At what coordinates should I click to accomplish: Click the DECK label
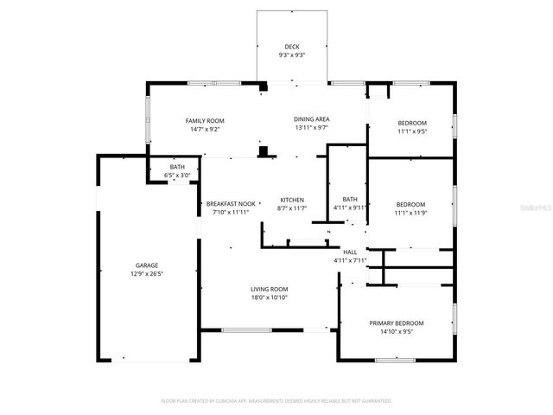click(x=292, y=47)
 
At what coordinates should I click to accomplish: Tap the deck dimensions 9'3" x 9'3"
click(x=292, y=55)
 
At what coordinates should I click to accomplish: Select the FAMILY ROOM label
click(x=205, y=120)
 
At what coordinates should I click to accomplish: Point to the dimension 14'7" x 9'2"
click(x=205, y=129)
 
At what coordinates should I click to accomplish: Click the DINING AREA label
click(x=312, y=119)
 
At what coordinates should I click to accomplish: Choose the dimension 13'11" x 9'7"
click(x=312, y=128)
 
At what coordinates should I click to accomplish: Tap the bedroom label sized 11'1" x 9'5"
click(x=411, y=123)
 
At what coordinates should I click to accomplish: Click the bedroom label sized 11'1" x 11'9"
click(x=411, y=204)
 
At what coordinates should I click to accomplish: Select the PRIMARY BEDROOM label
click(x=397, y=322)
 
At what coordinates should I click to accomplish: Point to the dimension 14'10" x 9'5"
click(x=397, y=331)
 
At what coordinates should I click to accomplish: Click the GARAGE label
click(x=146, y=265)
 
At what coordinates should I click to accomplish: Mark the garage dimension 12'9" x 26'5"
click(x=146, y=274)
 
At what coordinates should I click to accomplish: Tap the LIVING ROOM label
click(x=269, y=289)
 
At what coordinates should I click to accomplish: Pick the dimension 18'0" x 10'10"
click(x=269, y=297)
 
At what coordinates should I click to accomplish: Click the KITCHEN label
click(x=292, y=200)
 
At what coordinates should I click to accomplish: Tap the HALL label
click(x=350, y=252)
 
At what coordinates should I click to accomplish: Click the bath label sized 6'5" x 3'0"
click(x=177, y=167)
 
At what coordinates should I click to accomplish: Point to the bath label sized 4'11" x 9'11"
click(x=350, y=199)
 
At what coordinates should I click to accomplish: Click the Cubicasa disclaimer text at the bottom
click(x=276, y=401)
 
